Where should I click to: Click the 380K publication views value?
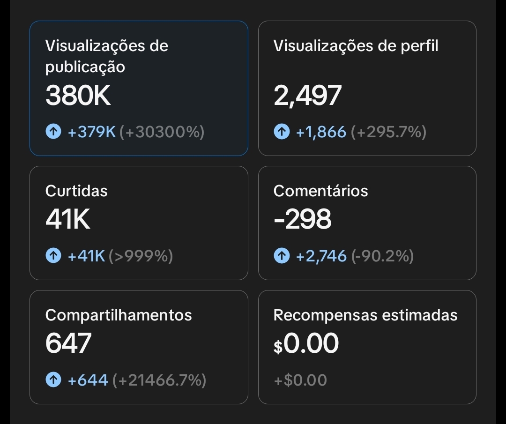[78, 96]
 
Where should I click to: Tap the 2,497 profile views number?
[307, 96]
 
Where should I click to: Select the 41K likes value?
[68, 219]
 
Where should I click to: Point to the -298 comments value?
[302, 219]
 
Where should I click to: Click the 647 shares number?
[68, 343]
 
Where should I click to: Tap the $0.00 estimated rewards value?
[306, 344]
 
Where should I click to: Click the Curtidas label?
[76, 191]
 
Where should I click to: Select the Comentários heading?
[320, 191]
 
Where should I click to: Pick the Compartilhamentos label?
[119, 315]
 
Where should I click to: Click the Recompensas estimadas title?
[365, 315]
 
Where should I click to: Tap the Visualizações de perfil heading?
[356, 46]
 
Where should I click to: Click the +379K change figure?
[92, 132]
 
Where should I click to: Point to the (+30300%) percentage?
[162, 132]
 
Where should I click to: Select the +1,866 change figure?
[321, 132]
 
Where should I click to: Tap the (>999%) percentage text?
[141, 256]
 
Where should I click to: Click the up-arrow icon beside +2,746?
[282, 256]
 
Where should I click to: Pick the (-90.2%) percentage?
[382, 256]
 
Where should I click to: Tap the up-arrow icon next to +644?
[53, 379]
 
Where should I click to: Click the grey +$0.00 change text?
[300, 380]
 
